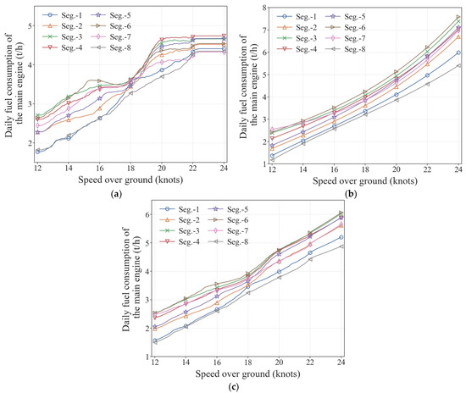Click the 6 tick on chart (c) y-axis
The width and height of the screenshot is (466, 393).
pyautogui.click(x=147, y=214)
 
